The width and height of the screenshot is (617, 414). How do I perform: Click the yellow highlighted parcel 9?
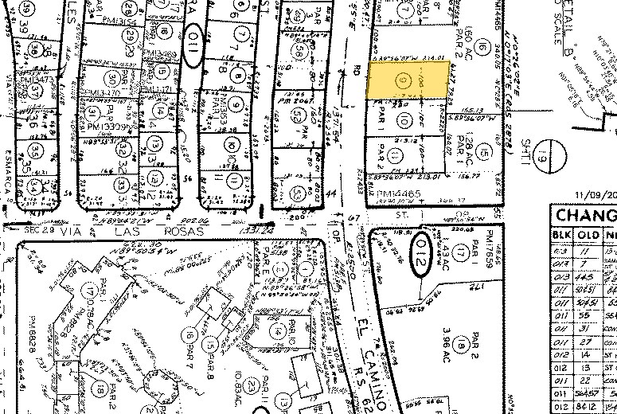click(407, 80)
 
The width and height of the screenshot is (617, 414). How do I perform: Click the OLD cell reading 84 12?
click(588, 404)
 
